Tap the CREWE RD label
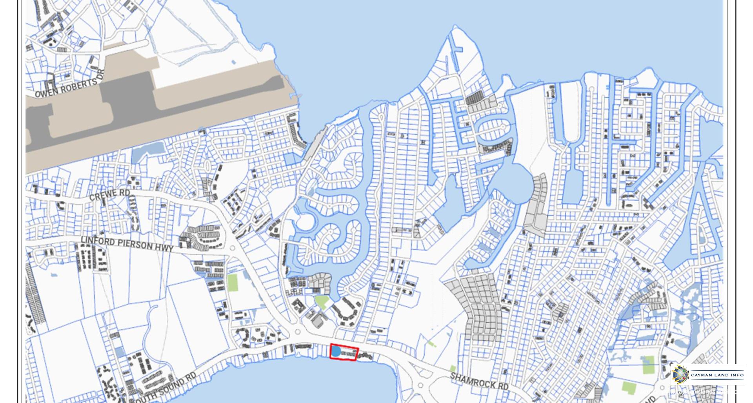coord(109,194)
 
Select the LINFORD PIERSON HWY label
coord(127,243)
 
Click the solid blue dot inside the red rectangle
coord(336,351)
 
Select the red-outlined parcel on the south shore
coord(344,352)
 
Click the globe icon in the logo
coord(680,374)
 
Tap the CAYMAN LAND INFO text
coord(717,375)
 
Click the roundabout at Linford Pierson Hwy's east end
coord(232,248)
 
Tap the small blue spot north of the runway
coord(234,62)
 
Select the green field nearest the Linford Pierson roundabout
coord(233,282)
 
